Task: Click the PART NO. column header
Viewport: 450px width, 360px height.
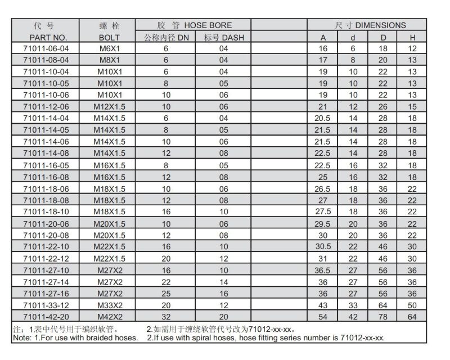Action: [x=47, y=37]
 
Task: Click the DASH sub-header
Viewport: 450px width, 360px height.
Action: [x=224, y=37]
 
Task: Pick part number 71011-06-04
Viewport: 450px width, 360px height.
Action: [x=47, y=49]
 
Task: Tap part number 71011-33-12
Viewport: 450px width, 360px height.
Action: [x=47, y=305]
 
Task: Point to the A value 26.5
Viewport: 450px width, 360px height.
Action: [x=323, y=188]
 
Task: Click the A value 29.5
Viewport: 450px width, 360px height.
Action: [x=323, y=223]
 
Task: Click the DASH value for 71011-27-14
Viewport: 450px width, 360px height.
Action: [x=224, y=281]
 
